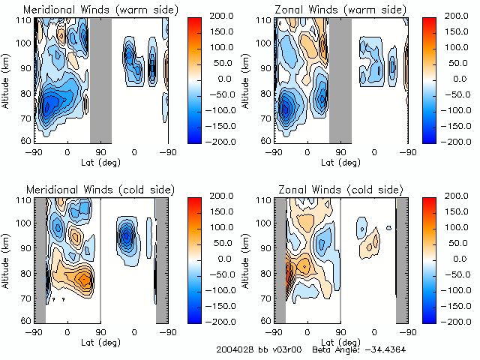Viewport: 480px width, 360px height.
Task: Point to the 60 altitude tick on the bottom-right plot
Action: tap(265, 320)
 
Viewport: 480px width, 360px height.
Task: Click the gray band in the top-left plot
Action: tap(100, 79)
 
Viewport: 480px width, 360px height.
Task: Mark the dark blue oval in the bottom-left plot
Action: tap(126, 235)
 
